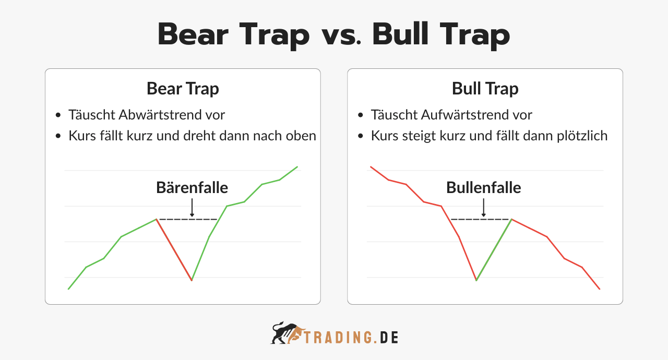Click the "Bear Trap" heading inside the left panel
tap(183, 89)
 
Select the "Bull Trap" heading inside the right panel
tap(485, 89)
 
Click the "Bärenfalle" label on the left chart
tap(192, 187)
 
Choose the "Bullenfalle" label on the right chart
tap(484, 187)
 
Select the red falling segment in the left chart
tap(174, 250)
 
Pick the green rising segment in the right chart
tap(494, 250)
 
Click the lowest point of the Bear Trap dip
tap(192, 281)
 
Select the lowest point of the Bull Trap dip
tap(476, 281)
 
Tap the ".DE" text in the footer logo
tap(387, 338)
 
